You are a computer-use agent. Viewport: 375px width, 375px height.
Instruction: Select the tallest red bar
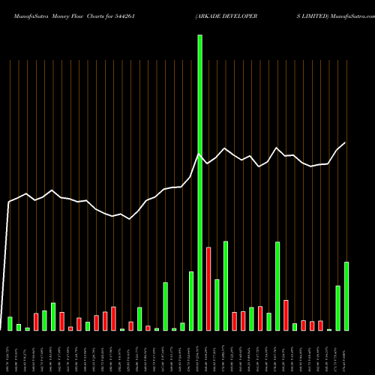coord(208,289)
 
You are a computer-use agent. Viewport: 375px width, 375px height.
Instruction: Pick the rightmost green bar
coord(346,296)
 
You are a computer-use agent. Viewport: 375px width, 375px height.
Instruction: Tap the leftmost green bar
coord(10,323)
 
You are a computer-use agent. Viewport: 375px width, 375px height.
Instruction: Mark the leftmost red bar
coord(36,322)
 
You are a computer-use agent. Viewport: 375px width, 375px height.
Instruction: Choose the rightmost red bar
coord(320,325)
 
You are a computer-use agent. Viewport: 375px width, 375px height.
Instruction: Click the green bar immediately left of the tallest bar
coord(191,301)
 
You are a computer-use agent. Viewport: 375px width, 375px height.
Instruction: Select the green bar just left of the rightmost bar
coord(337,308)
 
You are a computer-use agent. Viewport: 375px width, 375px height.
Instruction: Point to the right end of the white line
coord(346,143)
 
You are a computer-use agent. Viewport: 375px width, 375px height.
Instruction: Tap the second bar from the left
coord(19,327)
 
